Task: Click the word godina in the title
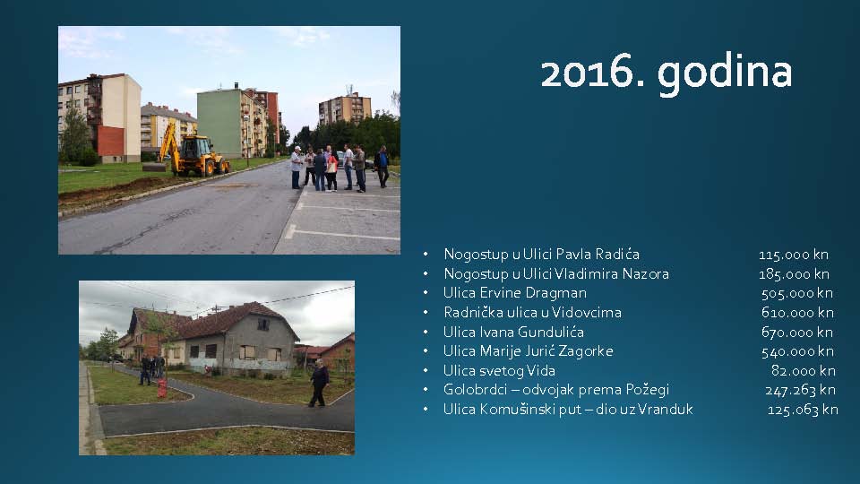click(725, 74)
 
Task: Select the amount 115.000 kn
click(794, 255)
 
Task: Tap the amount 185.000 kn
click(794, 274)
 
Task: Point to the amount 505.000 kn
click(797, 293)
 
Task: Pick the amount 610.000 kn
click(797, 312)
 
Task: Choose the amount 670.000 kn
click(797, 332)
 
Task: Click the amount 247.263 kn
click(800, 390)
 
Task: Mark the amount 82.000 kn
click(803, 370)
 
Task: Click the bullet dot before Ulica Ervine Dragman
click(426, 293)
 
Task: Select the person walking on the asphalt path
click(319, 383)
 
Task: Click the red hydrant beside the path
click(162, 388)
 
